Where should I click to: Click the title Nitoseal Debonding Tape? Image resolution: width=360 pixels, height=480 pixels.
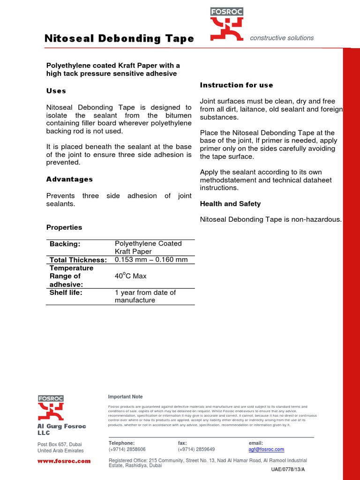(119, 38)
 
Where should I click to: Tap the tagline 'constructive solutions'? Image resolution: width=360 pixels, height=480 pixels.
(282, 38)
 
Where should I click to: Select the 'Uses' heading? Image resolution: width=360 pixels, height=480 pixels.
(56, 90)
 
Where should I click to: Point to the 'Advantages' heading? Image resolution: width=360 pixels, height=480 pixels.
(69, 179)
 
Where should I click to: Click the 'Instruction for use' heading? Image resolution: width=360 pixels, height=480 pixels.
(236, 85)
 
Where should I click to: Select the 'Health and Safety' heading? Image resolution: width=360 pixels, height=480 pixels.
(230, 204)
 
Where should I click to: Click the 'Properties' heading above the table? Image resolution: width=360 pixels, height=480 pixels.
(64, 227)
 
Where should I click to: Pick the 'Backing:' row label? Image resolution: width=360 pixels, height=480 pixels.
(65, 244)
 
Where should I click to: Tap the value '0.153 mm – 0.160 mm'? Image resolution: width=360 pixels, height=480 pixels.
(151, 260)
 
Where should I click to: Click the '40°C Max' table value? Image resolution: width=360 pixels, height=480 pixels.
(131, 276)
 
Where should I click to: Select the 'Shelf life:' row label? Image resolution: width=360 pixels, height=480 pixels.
(66, 292)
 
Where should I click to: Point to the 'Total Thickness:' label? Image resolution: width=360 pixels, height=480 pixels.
(78, 260)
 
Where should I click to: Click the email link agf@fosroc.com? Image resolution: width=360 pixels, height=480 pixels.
(266, 449)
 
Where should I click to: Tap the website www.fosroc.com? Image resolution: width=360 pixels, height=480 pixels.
(64, 461)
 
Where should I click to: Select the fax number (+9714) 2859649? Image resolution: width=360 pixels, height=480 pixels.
(196, 449)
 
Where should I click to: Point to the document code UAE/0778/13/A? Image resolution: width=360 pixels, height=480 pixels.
(288, 469)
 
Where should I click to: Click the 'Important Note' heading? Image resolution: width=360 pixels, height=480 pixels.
(126, 397)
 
